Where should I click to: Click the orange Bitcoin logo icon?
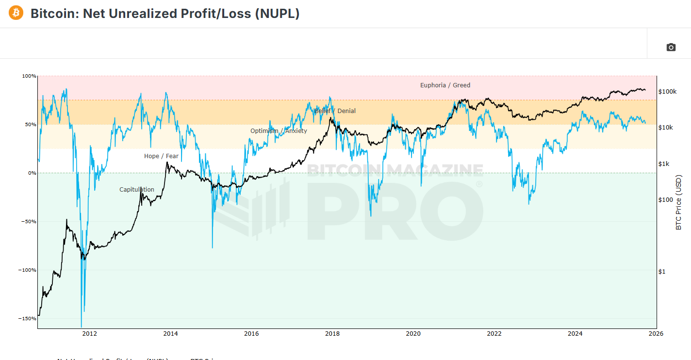[x=16, y=13]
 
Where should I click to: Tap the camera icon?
[x=671, y=47]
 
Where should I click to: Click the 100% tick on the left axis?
[x=29, y=76]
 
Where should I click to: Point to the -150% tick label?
[x=28, y=319]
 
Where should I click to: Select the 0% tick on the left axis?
[x=32, y=173]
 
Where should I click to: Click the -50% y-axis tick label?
[x=29, y=222]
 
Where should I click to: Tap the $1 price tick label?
[x=661, y=271]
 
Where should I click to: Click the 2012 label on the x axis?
[x=89, y=333]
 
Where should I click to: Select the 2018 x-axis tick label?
[x=332, y=333]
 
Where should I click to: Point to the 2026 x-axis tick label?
[x=656, y=333]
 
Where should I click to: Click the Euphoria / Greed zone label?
[x=445, y=85]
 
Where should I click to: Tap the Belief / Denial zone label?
[x=335, y=111]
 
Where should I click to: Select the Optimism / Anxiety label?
[x=279, y=131]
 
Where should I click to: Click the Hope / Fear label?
[x=161, y=156]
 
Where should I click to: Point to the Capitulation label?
[x=137, y=190]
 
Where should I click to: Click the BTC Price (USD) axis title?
[x=678, y=202]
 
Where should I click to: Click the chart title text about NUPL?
[x=165, y=14]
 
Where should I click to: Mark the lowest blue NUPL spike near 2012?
[x=81, y=327]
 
